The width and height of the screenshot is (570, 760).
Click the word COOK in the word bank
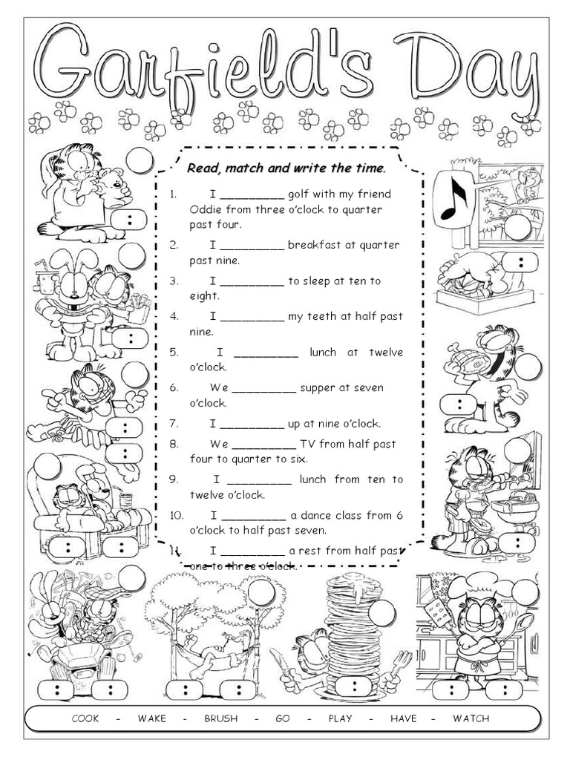[85, 718]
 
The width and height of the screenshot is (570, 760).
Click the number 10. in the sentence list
[177, 515]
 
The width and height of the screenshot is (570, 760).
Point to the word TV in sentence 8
[308, 445]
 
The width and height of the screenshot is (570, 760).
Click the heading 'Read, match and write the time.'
[286, 168]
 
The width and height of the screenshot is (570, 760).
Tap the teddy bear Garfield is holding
[112, 185]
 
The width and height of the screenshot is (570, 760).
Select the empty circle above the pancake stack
[383, 612]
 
